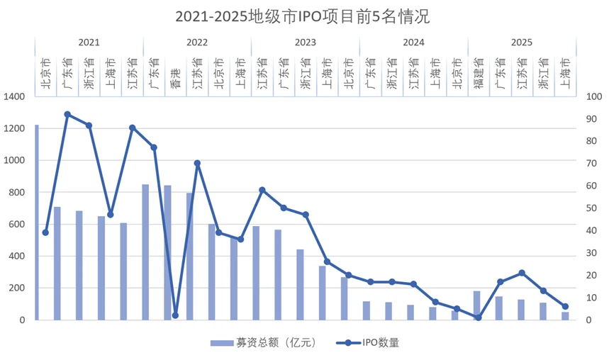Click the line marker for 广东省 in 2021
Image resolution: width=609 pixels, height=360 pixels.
coord(67,114)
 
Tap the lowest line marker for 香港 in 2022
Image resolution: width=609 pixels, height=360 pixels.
coord(175,315)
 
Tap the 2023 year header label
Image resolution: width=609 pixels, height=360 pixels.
coord(305,43)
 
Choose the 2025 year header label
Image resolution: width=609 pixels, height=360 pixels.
coord(521,43)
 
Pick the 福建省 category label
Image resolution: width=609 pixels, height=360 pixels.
coord(478,73)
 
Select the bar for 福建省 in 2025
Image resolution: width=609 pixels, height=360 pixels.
coord(476,305)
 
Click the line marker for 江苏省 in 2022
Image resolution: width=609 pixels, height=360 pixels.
coord(197,163)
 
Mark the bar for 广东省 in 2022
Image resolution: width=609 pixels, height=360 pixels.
coord(145,252)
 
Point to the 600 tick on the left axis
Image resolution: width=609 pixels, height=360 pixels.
coord(17,225)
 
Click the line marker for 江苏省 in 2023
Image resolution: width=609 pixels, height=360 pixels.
coord(262,190)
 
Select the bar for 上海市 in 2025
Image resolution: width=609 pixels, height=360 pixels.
coord(565,316)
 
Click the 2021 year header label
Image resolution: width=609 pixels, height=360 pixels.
coord(89,43)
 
